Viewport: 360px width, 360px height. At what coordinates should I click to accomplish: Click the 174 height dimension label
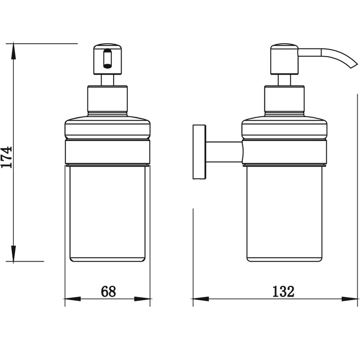7,157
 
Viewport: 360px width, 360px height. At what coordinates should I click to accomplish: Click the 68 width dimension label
108,291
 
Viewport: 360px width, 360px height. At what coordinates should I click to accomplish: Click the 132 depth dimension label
283,291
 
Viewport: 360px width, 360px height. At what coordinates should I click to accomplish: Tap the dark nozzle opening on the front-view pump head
107,59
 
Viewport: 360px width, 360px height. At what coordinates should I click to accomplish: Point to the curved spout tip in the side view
352,66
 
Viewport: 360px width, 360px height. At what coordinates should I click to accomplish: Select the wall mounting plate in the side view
199,152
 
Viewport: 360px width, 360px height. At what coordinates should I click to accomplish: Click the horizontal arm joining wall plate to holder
224,152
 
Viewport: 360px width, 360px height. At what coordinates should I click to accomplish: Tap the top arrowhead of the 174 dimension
14,51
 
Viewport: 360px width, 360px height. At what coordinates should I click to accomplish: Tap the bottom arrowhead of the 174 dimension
14,253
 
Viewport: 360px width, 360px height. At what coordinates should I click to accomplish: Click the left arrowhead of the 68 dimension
73,299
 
